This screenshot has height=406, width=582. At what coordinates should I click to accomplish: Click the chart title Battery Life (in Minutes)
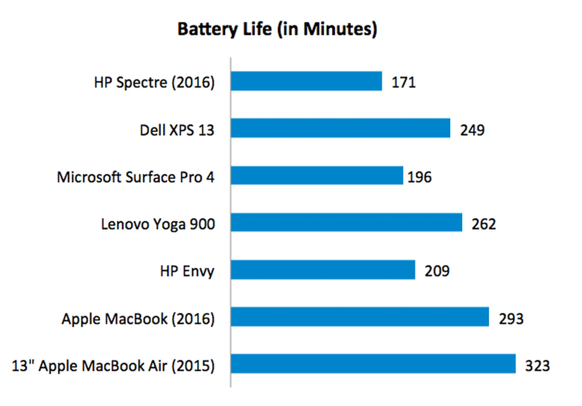point(277,29)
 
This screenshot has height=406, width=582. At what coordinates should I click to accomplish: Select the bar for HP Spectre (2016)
point(306,81)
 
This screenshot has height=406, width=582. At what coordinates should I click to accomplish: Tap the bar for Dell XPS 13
point(340,128)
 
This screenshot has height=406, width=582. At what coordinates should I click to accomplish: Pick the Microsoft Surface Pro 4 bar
point(317,175)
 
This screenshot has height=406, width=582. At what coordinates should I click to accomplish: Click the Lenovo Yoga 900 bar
point(346,223)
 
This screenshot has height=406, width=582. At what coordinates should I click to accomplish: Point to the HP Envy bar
point(323,270)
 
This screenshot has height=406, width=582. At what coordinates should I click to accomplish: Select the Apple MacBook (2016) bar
point(360,317)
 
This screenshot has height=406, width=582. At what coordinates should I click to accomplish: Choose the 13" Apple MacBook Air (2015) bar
point(373,364)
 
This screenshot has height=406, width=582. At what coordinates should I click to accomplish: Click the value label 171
point(403,82)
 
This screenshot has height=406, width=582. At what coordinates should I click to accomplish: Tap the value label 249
point(472,130)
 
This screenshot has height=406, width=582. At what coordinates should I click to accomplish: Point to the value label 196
point(419,177)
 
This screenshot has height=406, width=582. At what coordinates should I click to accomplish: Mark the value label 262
point(483,224)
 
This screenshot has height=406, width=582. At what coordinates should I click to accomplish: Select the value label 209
point(437,271)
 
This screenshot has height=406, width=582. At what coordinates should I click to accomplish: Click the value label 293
point(511,319)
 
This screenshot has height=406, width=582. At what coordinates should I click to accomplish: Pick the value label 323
point(537,366)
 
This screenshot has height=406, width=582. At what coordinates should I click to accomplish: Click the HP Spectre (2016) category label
point(154,83)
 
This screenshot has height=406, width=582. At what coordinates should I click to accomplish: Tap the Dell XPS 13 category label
point(177,130)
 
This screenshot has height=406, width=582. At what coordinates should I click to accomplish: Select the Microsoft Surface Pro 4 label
point(136,177)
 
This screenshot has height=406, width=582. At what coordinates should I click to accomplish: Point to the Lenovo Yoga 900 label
point(158,224)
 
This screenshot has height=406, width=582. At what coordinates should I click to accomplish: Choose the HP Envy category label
point(187,271)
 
